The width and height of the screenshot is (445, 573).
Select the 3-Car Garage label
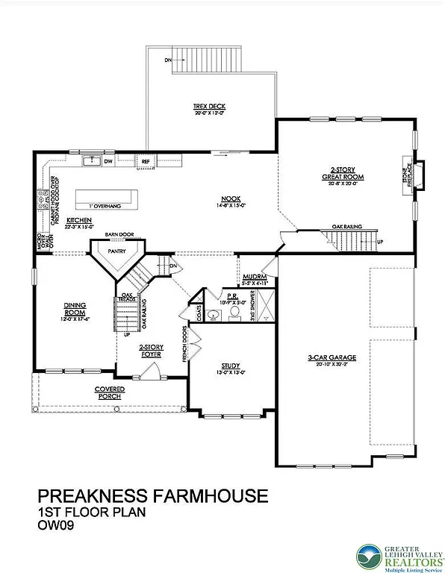click(332, 357)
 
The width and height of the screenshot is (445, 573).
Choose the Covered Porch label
click(109, 392)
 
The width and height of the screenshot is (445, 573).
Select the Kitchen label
click(78, 221)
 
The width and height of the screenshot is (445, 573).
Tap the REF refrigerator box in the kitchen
click(146, 160)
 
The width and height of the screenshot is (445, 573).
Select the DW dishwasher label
click(108, 160)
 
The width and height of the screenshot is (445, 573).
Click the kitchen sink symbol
click(92, 160)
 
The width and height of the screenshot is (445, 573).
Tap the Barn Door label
click(118, 234)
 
